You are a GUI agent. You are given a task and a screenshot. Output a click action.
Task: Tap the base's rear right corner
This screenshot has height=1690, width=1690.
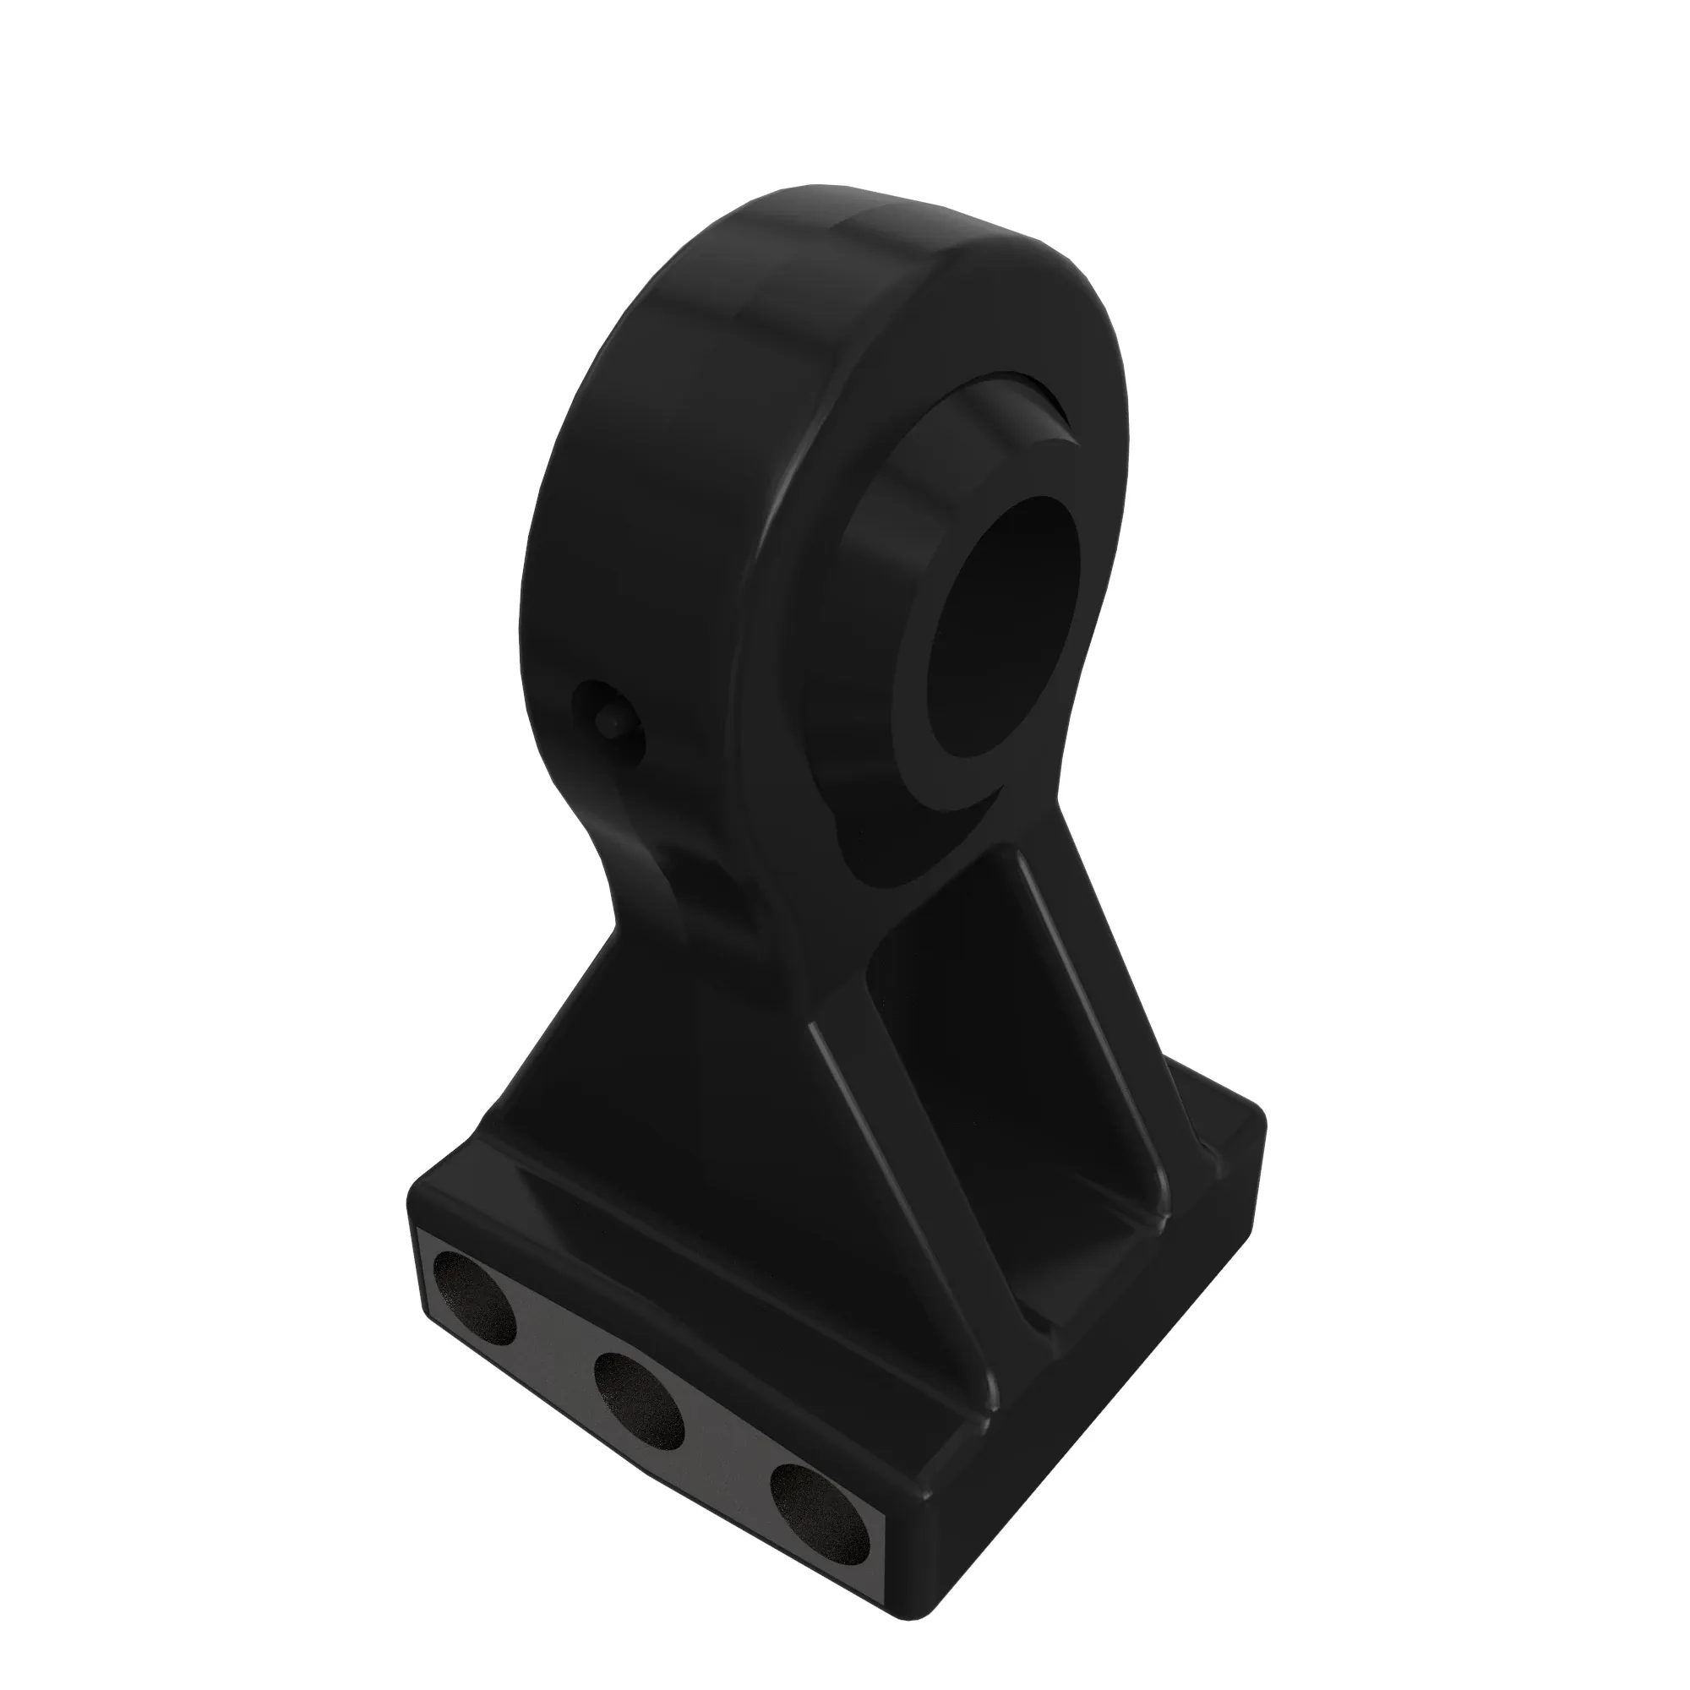(1260, 1128)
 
